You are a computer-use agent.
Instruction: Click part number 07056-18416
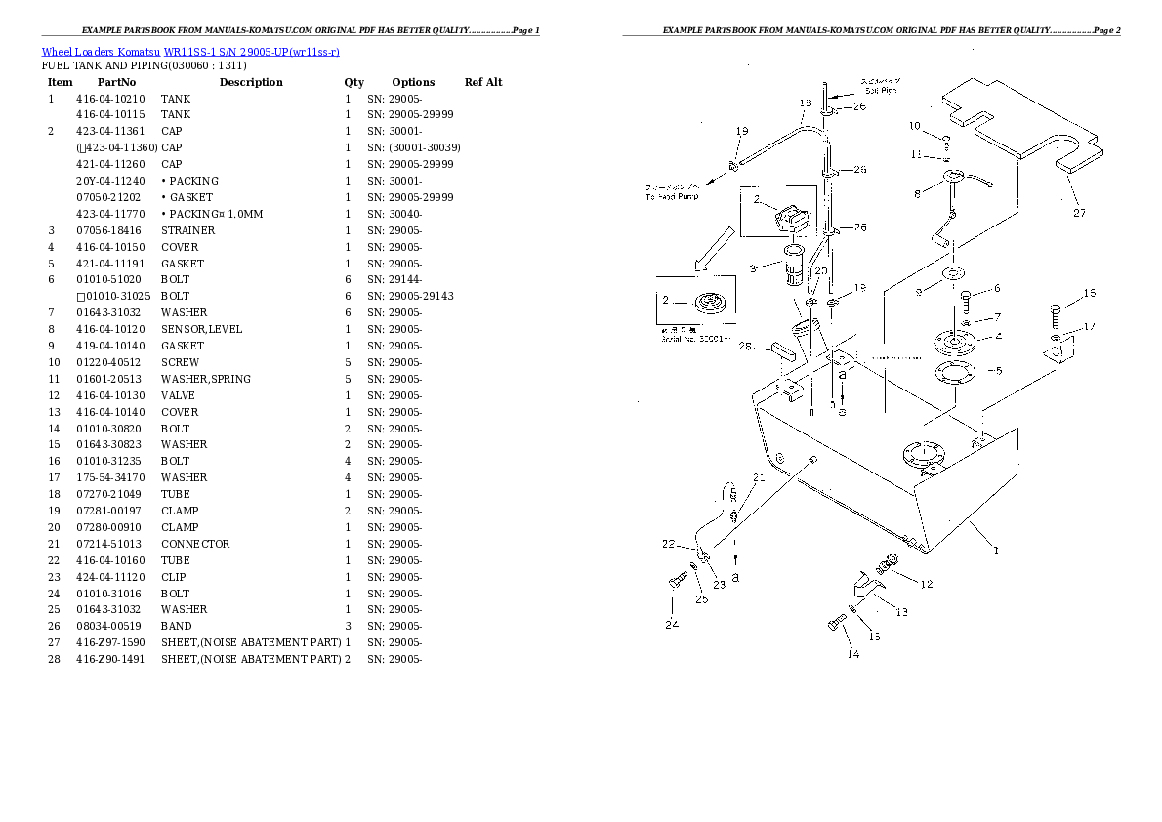[109, 230]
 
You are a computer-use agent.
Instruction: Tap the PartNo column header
[116, 82]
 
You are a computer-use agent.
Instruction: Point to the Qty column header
[353, 82]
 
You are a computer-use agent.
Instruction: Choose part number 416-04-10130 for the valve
[109, 395]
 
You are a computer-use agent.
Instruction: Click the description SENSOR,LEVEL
[201, 329]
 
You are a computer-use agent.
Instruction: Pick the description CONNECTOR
[195, 544]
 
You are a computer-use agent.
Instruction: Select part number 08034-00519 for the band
[109, 626]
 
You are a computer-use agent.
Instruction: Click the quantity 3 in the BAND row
[347, 626]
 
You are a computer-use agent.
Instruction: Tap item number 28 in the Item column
[54, 659]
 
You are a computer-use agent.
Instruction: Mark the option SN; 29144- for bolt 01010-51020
[395, 279]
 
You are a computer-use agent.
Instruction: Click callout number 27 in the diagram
[1079, 212]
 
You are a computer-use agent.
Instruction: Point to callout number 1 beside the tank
[996, 550]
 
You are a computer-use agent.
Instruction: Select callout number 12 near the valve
[926, 584]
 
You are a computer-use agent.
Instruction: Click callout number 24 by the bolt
[672, 624]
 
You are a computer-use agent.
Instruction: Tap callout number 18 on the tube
[806, 103]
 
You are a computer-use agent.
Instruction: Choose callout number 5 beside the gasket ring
[995, 370]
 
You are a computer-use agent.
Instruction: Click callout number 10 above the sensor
[914, 126]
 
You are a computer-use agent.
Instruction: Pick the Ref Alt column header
[483, 82]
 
